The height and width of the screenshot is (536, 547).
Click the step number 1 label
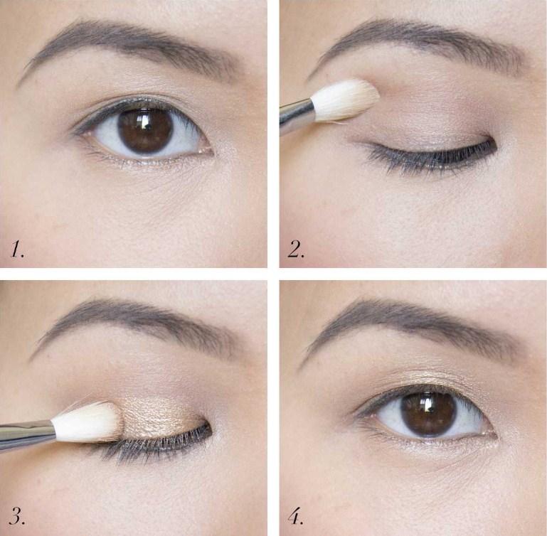pos(17,250)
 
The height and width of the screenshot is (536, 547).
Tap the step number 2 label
pos(296,250)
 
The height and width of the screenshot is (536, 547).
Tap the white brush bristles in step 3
pos(87,422)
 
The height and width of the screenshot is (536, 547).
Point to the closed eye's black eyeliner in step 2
pos(436,154)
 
